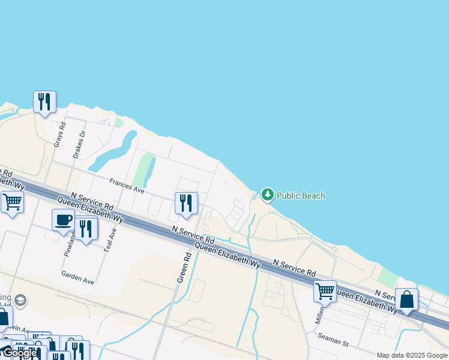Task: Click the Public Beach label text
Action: click(301, 196)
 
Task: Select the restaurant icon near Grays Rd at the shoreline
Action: click(45, 102)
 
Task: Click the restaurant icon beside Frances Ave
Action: click(186, 203)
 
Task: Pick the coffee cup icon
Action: click(63, 220)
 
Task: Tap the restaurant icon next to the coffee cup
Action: click(86, 229)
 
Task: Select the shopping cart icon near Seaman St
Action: click(325, 291)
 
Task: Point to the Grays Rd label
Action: click(58, 133)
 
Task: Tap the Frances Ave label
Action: click(127, 186)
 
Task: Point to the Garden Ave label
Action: click(77, 276)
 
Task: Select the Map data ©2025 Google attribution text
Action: click(412, 355)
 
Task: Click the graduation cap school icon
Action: click(20, 299)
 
